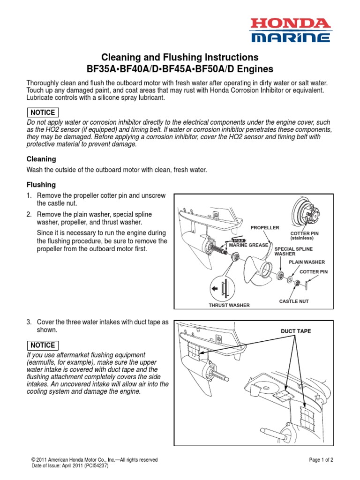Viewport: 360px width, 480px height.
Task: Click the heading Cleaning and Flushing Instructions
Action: pyautogui.click(x=180, y=57)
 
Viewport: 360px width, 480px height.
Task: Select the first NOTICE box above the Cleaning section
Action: pyautogui.click(x=43, y=112)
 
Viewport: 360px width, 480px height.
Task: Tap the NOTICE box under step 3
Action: pyautogui.click(x=43, y=345)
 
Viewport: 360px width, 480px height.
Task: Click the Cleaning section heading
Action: pyautogui.click(x=41, y=159)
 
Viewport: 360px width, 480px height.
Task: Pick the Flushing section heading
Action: pyautogui.click(x=41, y=185)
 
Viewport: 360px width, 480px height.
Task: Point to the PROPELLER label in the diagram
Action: pyautogui.click(x=265, y=228)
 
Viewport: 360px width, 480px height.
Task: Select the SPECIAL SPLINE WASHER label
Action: pyautogui.click(x=293, y=251)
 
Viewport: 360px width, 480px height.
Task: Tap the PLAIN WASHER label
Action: pyautogui.click(x=307, y=262)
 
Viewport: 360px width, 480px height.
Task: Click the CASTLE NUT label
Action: pyautogui.click(x=294, y=301)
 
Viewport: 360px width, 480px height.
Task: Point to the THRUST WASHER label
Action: pyautogui.click(x=229, y=305)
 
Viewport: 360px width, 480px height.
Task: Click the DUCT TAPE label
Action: pyautogui.click(x=296, y=331)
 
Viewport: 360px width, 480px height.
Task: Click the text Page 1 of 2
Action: pyautogui.click(x=322, y=460)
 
